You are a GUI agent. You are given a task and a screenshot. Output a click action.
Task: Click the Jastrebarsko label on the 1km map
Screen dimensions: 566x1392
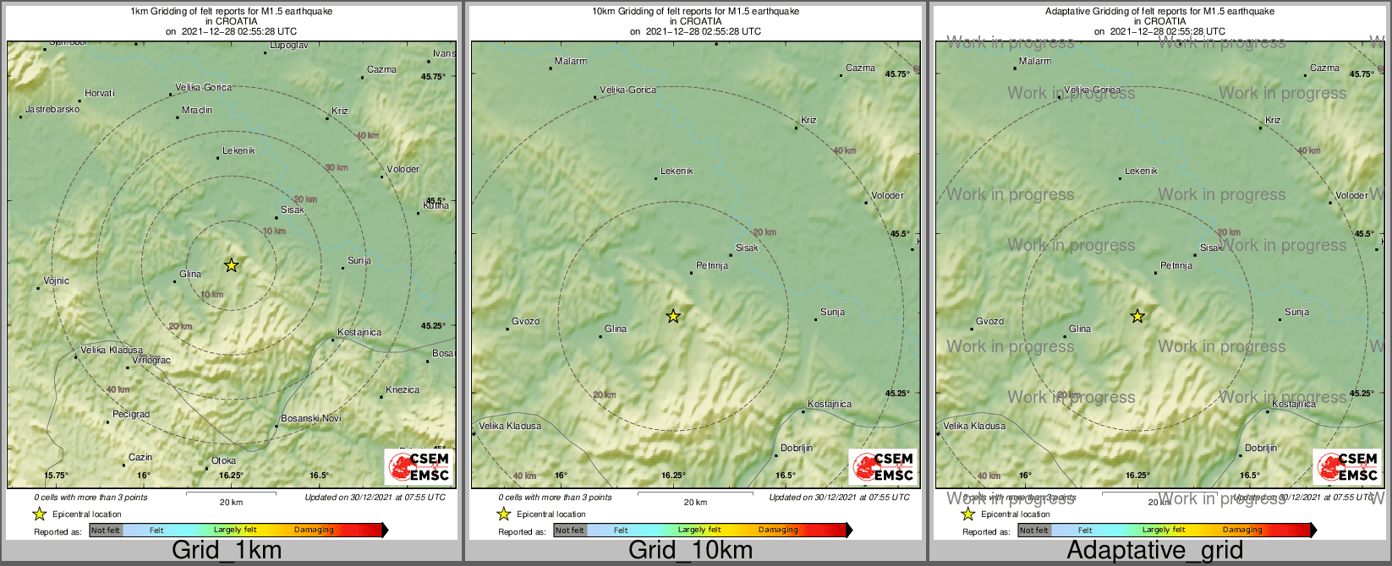(52, 110)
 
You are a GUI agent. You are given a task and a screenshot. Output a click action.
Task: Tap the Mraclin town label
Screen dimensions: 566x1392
(197, 111)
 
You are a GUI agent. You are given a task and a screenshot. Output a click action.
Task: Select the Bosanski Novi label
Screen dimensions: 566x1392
(311, 419)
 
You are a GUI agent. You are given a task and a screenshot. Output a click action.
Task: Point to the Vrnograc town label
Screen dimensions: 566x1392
(151, 361)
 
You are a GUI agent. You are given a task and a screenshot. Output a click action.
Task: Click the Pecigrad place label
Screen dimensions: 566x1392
(131, 415)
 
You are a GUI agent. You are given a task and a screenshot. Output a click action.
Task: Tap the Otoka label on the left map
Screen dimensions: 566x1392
(223, 461)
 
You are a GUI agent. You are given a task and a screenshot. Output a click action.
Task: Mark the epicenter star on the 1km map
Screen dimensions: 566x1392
(231, 265)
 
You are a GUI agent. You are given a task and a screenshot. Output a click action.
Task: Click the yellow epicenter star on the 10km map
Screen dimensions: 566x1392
(673, 316)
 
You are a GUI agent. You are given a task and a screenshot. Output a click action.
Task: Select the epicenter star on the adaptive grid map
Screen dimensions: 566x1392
(1137, 316)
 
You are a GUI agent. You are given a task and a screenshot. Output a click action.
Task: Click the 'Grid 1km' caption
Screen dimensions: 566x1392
(227, 551)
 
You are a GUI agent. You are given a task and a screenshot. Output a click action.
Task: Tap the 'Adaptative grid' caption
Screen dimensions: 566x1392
(1154, 551)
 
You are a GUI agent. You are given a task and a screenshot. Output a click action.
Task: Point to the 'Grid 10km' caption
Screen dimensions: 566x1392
(690, 551)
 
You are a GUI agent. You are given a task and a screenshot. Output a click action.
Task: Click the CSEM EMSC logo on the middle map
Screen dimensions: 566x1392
(884, 467)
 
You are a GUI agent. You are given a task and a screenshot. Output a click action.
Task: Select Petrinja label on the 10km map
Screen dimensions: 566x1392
(712, 266)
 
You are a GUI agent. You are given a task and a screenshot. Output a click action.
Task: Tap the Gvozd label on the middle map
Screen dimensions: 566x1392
(525, 322)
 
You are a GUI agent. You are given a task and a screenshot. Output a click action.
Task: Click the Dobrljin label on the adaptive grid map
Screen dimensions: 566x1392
(1261, 449)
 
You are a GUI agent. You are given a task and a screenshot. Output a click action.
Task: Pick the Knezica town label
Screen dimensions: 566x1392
(403, 390)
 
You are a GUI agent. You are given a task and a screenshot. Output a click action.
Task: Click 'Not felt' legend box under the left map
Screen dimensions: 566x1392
(106, 531)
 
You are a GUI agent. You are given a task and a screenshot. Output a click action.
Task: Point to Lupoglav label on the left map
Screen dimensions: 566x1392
(288, 46)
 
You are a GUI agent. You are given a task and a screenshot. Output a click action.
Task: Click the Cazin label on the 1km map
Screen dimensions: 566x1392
(140, 458)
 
